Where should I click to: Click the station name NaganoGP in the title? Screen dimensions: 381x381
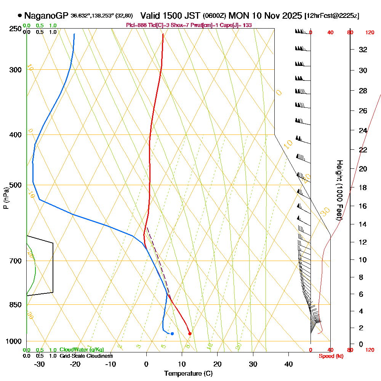[46, 16]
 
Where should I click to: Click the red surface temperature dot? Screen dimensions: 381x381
[190, 334]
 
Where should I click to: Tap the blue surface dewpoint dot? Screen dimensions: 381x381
[172, 334]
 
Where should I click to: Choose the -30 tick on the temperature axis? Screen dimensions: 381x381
[40, 364]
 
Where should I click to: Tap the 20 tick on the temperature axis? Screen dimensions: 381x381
[218, 364]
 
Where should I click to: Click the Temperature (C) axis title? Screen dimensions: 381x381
[188, 374]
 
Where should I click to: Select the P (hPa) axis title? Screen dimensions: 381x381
[6, 198]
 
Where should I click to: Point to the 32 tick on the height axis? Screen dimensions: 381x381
[363, 50]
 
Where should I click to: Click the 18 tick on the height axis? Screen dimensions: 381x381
[363, 187]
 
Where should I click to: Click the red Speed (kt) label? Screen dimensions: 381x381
[330, 356]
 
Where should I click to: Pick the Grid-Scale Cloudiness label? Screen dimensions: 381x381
[86, 356]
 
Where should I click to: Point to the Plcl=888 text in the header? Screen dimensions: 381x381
[136, 25]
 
